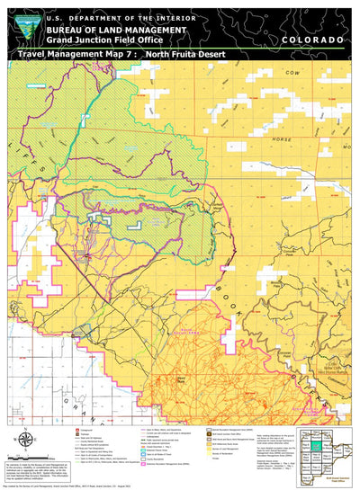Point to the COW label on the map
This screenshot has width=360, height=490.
(291, 71)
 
